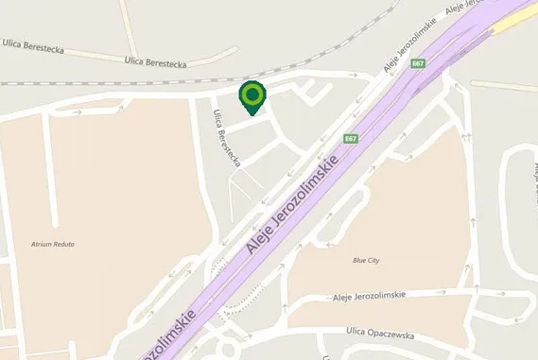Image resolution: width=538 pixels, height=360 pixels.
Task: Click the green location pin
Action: coord(252,98)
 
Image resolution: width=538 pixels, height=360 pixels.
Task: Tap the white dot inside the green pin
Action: coord(252,94)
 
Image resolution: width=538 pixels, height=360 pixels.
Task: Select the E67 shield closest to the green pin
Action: coord(351,139)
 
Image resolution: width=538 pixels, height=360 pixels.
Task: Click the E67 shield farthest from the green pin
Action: coord(418,63)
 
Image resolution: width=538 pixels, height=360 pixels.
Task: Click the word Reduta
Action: coord(64,244)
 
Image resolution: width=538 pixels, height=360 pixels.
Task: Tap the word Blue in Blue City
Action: coord(359,260)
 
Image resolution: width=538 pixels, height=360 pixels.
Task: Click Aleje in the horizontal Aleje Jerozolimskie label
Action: coord(343,296)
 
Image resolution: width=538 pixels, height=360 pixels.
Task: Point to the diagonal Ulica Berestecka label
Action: coord(227,139)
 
